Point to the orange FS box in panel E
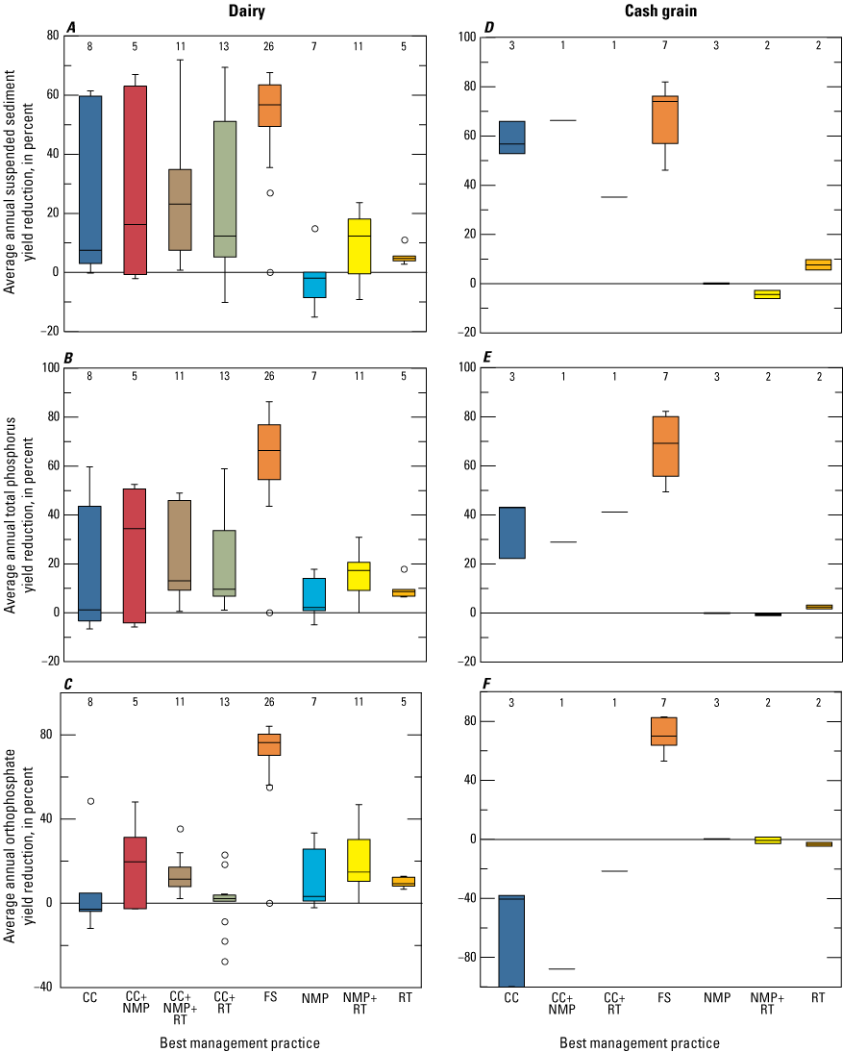[x=664, y=446]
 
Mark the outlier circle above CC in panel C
[x=89, y=801]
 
